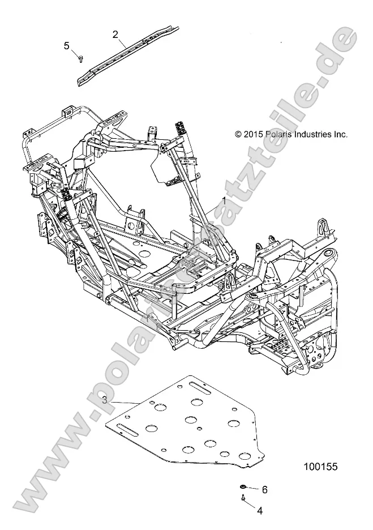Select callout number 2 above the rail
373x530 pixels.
pos(115,35)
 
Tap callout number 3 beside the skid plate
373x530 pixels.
pos(105,400)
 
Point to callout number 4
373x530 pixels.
pos(260,510)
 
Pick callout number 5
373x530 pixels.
pos(67,46)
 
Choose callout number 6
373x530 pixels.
pos(264,489)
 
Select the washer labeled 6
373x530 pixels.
pos(243,486)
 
